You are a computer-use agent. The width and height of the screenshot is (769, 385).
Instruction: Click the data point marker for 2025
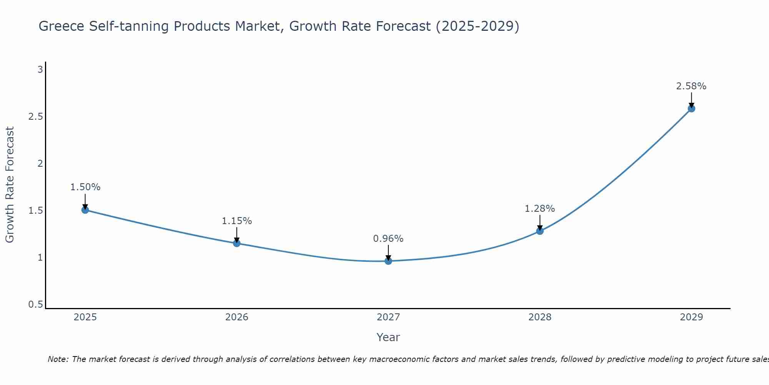(85, 210)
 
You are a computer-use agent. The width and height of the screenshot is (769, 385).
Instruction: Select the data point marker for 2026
(236, 243)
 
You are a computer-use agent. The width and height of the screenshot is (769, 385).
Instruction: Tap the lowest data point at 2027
(388, 261)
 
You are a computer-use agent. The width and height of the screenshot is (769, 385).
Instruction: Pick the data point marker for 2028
(540, 231)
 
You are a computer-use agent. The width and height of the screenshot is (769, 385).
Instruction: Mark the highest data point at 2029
(691, 109)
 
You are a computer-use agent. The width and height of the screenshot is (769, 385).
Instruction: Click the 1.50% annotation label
(85, 187)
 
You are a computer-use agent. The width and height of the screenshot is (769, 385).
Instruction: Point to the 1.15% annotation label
(236, 221)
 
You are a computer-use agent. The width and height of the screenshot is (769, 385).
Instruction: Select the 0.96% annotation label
(388, 239)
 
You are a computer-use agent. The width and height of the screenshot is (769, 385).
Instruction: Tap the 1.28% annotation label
(540, 209)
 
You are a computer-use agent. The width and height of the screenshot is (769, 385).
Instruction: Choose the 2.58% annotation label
(691, 86)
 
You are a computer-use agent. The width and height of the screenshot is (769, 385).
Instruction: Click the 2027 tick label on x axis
(388, 317)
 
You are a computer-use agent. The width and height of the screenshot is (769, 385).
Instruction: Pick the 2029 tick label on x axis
(691, 317)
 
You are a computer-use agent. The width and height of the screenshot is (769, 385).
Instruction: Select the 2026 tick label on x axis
(236, 317)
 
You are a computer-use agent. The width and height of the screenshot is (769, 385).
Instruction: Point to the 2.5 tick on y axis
(35, 117)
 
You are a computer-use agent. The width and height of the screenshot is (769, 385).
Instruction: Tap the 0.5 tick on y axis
(35, 305)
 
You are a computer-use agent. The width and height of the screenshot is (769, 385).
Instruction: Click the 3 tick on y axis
(40, 70)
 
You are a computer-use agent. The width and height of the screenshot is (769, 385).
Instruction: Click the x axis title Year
(388, 337)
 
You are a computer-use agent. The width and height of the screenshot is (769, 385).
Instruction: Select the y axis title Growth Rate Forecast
(10, 185)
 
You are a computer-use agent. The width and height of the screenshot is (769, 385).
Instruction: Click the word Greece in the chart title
(62, 26)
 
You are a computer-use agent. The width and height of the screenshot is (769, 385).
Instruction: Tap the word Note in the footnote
(58, 359)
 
